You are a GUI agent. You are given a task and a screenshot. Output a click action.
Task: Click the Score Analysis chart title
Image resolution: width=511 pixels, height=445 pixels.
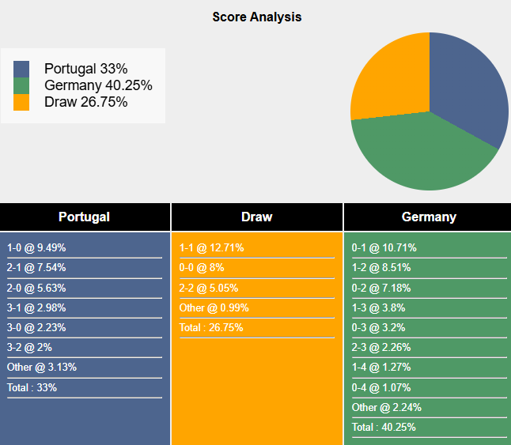coord(256,17)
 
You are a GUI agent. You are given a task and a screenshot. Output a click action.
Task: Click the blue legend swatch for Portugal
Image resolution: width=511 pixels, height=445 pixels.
coord(21,69)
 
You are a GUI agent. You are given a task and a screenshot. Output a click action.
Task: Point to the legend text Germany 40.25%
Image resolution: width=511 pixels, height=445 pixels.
coord(98,85)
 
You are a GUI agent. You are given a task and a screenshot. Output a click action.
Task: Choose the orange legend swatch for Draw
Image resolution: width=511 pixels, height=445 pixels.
coord(21,102)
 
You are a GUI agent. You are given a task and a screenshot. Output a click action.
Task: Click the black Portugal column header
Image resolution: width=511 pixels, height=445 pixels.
coord(84,217)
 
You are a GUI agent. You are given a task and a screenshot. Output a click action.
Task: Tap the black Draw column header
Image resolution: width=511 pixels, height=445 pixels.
coord(256,217)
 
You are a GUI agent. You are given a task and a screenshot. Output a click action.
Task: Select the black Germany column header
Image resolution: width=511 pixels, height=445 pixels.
coord(428,217)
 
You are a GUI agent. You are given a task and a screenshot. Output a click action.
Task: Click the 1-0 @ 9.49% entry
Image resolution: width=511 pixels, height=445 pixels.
coord(36,247)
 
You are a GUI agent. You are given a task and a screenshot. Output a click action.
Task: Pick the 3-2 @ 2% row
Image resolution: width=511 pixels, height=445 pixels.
coord(29,347)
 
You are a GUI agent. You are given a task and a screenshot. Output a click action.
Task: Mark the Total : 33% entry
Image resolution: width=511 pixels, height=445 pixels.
coord(32,387)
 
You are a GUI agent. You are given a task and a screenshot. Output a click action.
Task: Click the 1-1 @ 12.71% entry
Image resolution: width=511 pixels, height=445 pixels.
coord(211,247)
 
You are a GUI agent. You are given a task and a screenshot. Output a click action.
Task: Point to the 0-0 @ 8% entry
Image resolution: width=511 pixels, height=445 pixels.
coord(203,268)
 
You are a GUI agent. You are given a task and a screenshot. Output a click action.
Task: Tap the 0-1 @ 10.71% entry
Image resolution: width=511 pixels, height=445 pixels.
coord(384,247)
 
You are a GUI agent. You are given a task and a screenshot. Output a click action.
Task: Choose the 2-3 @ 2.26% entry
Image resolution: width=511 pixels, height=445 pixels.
coord(381,347)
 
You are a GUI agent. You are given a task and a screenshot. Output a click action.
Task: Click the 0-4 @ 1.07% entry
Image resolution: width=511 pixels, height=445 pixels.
coord(381,387)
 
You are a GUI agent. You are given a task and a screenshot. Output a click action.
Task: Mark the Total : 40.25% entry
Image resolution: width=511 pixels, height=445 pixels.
coord(384,427)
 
